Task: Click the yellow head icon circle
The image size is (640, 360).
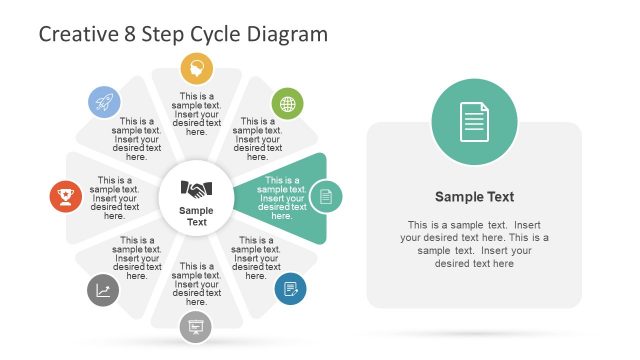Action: (x=196, y=69)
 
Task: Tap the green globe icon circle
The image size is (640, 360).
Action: (x=287, y=103)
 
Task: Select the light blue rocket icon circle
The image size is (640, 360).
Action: (x=104, y=101)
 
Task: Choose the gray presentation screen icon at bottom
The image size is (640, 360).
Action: (x=196, y=326)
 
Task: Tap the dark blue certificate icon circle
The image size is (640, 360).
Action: (x=290, y=289)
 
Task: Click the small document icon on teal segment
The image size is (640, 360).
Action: (x=325, y=197)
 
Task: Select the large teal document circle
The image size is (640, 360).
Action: (x=475, y=123)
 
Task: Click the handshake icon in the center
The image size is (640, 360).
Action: (x=196, y=188)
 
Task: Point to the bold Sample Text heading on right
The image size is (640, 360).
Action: (x=475, y=197)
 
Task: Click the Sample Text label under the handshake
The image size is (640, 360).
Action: (x=196, y=216)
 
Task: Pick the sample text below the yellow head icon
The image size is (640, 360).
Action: (x=196, y=114)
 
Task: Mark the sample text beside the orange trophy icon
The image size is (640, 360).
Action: (x=114, y=198)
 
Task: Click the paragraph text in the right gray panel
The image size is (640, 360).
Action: (x=475, y=243)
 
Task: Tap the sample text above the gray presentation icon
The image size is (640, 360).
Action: (x=196, y=284)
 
